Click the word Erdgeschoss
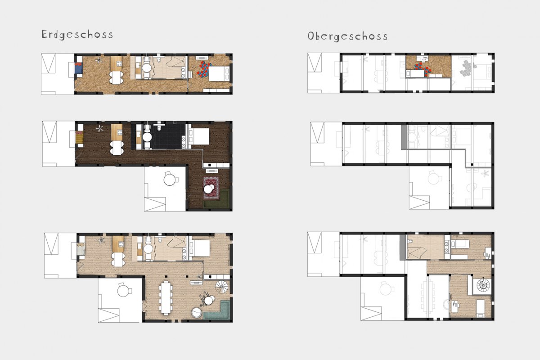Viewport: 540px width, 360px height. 77,35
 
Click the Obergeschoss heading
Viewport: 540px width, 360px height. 347,36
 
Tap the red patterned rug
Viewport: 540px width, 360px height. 211,188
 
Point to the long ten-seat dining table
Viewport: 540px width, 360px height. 166,297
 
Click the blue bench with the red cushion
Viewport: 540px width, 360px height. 78,68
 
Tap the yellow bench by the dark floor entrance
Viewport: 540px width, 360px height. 79,137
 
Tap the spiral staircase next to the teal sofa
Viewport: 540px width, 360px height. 221,287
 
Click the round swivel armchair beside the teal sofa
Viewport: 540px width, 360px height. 196,313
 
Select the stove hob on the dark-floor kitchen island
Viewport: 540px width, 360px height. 120,132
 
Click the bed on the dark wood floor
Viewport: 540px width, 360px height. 199,136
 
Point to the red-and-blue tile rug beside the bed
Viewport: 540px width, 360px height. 204,70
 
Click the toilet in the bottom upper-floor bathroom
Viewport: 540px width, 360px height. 410,241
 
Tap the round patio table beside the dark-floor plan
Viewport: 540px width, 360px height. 170,180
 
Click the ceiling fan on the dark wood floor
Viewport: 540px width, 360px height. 99,129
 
